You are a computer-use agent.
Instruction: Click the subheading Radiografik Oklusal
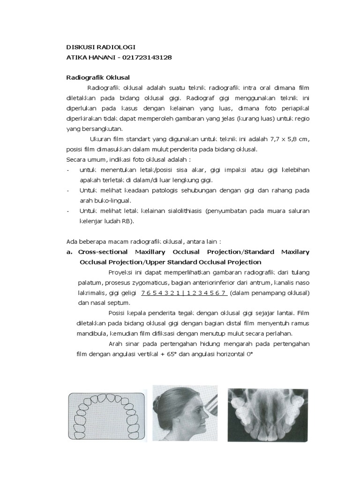click(97, 77)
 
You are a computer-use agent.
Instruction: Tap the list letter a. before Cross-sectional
click(69, 252)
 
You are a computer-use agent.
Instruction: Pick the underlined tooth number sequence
click(184, 293)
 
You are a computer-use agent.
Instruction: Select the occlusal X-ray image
click(268, 415)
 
